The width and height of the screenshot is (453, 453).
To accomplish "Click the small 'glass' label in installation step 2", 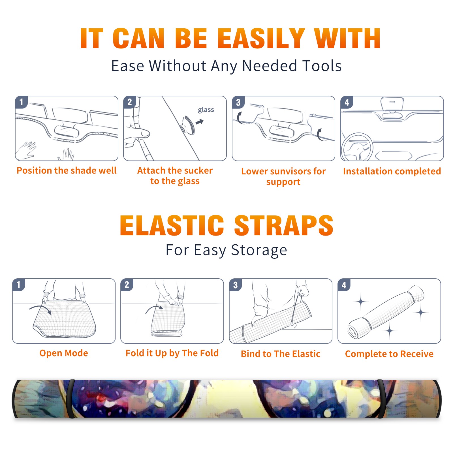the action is coord(206,110).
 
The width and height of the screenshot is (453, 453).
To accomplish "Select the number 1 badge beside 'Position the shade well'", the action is coord(21,102).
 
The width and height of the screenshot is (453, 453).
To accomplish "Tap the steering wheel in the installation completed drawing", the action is coord(357,147).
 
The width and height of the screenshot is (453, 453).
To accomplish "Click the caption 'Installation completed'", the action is coord(392,171).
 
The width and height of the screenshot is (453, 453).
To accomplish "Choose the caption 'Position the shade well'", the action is coord(67,170).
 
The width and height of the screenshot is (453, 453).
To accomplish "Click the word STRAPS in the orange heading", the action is coord(284,225).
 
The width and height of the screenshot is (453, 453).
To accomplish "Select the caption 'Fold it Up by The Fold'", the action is coord(172,353).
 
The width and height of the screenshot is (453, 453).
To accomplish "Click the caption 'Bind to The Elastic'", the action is coord(281,354).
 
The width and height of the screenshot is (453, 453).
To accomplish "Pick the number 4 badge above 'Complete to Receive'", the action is coord(344,285).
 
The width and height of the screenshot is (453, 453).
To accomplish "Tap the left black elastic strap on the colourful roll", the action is coord(70,399).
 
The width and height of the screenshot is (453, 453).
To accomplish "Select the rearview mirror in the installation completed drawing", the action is coord(392,103).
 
